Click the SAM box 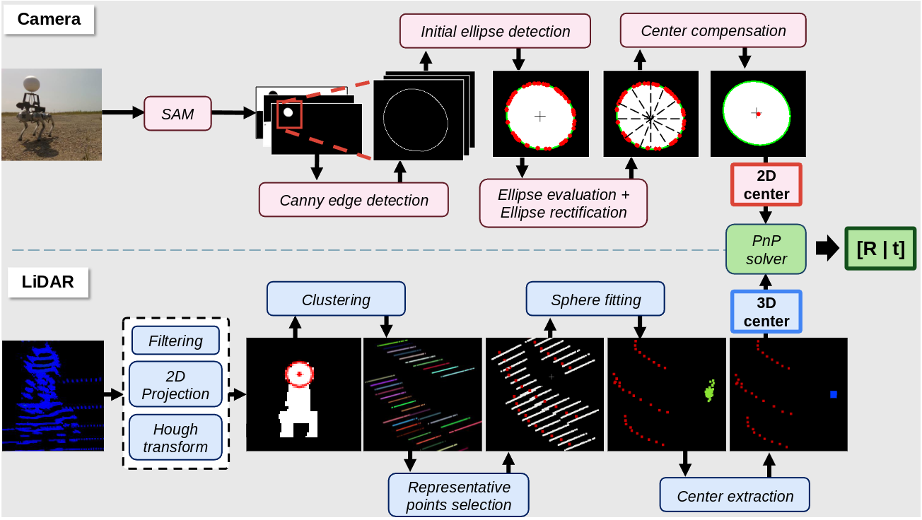(x=177, y=114)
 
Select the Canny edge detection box (x=354, y=200)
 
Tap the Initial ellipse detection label (x=495, y=32)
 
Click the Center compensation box (x=713, y=31)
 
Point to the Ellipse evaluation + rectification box (x=563, y=203)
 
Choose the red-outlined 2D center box (x=766, y=184)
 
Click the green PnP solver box (x=766, y=250)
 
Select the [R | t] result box (x=880, y=249)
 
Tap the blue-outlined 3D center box (x=766, y=312)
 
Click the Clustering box (x=336, y=300)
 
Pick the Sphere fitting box (x=595, y=300)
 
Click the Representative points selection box (x=458, y=496)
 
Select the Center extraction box (x=735, y=496)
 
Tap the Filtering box (x=175, y=341)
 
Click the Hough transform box (x=175, y=438)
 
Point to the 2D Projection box (x=175, y=385)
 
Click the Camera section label (x=49, y=19)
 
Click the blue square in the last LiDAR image (x=834, y=394)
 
